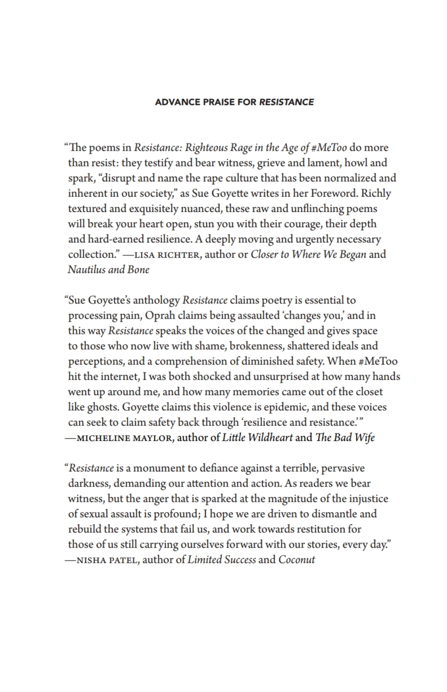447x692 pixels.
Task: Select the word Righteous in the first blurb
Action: [x=207, y=147]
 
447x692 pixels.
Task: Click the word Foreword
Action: [x=336, y=193]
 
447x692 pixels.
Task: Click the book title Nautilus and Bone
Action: [x=108, y=269]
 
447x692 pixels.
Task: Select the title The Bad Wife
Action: [x=345, y=438]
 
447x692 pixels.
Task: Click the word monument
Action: [x=159, y=468]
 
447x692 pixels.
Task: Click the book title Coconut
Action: [x=296, y=560]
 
